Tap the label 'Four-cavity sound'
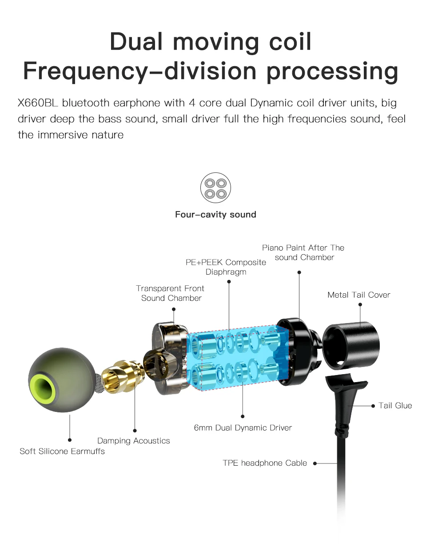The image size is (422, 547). pyautogui.click(x=215, y=215)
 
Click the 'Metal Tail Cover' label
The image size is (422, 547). pyautogui.click(x=358, y=295)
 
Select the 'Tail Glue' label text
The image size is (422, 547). pyautogui.click(x=395, y=405)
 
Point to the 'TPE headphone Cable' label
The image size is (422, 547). pyautogui.click(x=265, y=463)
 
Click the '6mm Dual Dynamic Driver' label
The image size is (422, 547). pyautogui.click(x=243, y=428)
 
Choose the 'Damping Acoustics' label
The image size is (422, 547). pyautogui.click(x=133, y=441)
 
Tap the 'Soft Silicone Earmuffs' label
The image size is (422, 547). pyautogui.click(x=62, y=451)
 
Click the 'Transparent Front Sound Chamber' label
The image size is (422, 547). pyautogui.click(x=171, y=293)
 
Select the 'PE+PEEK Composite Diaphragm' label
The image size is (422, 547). pyautogui.click(x=226, y=267)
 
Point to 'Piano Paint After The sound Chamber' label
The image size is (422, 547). pyautogui.click(x=303, y=252)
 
